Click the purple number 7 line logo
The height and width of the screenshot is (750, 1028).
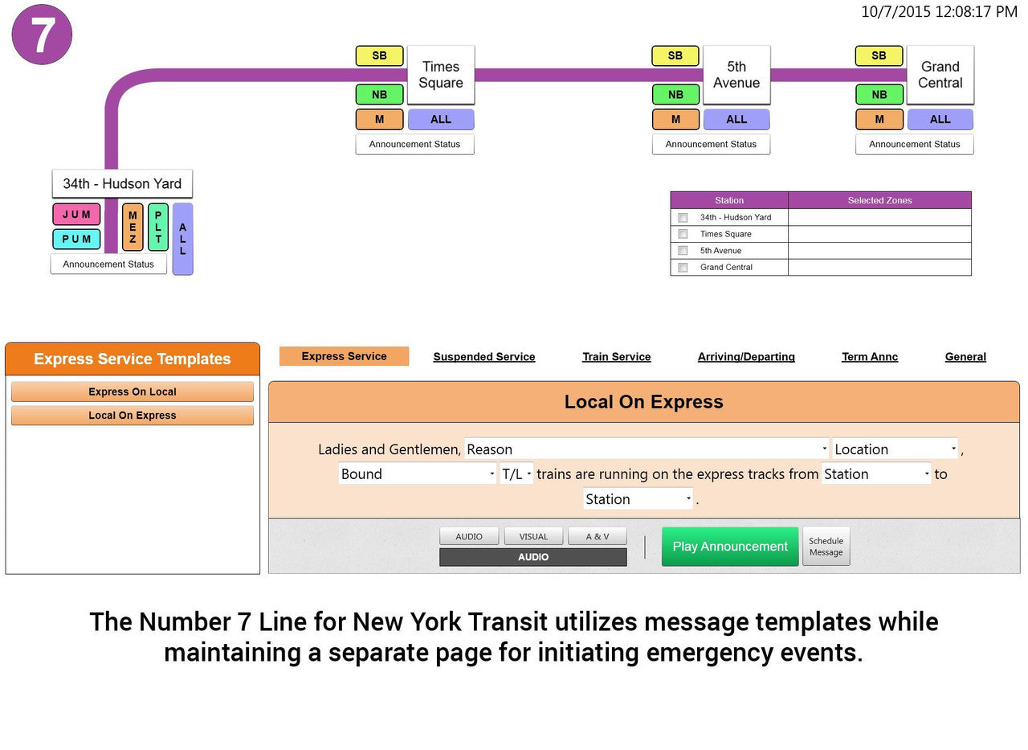tap(42, 35)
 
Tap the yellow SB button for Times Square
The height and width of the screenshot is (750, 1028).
tap(380, 55)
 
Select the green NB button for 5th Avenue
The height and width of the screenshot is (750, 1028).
tap(675, 95)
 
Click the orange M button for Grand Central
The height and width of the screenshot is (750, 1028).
tap(879, 120)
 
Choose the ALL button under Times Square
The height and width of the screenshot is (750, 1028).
tap(441, 120)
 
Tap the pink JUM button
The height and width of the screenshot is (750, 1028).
tap(76, 214)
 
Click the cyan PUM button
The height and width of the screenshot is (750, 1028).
tap(76, 239)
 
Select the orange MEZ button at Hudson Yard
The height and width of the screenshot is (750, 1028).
tap(133, 227)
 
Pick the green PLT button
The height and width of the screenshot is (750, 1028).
tap(158, 227)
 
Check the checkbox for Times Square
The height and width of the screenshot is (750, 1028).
tap(683, 234)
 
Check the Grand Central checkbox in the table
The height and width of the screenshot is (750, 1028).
tap(683, 268)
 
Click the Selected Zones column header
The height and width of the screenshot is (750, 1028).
tap(879, 200)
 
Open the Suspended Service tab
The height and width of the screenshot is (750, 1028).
tap(484, 357)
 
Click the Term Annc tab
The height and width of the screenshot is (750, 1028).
tap(870, 357)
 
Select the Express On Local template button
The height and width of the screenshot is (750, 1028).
tap(133, 391)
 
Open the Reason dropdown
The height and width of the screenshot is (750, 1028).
tap(647, 449)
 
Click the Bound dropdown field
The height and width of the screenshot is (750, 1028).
tap(417, 473)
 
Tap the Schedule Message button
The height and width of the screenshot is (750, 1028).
tap(826, 546)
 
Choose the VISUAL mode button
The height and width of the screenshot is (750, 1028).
tap(533, 536)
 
